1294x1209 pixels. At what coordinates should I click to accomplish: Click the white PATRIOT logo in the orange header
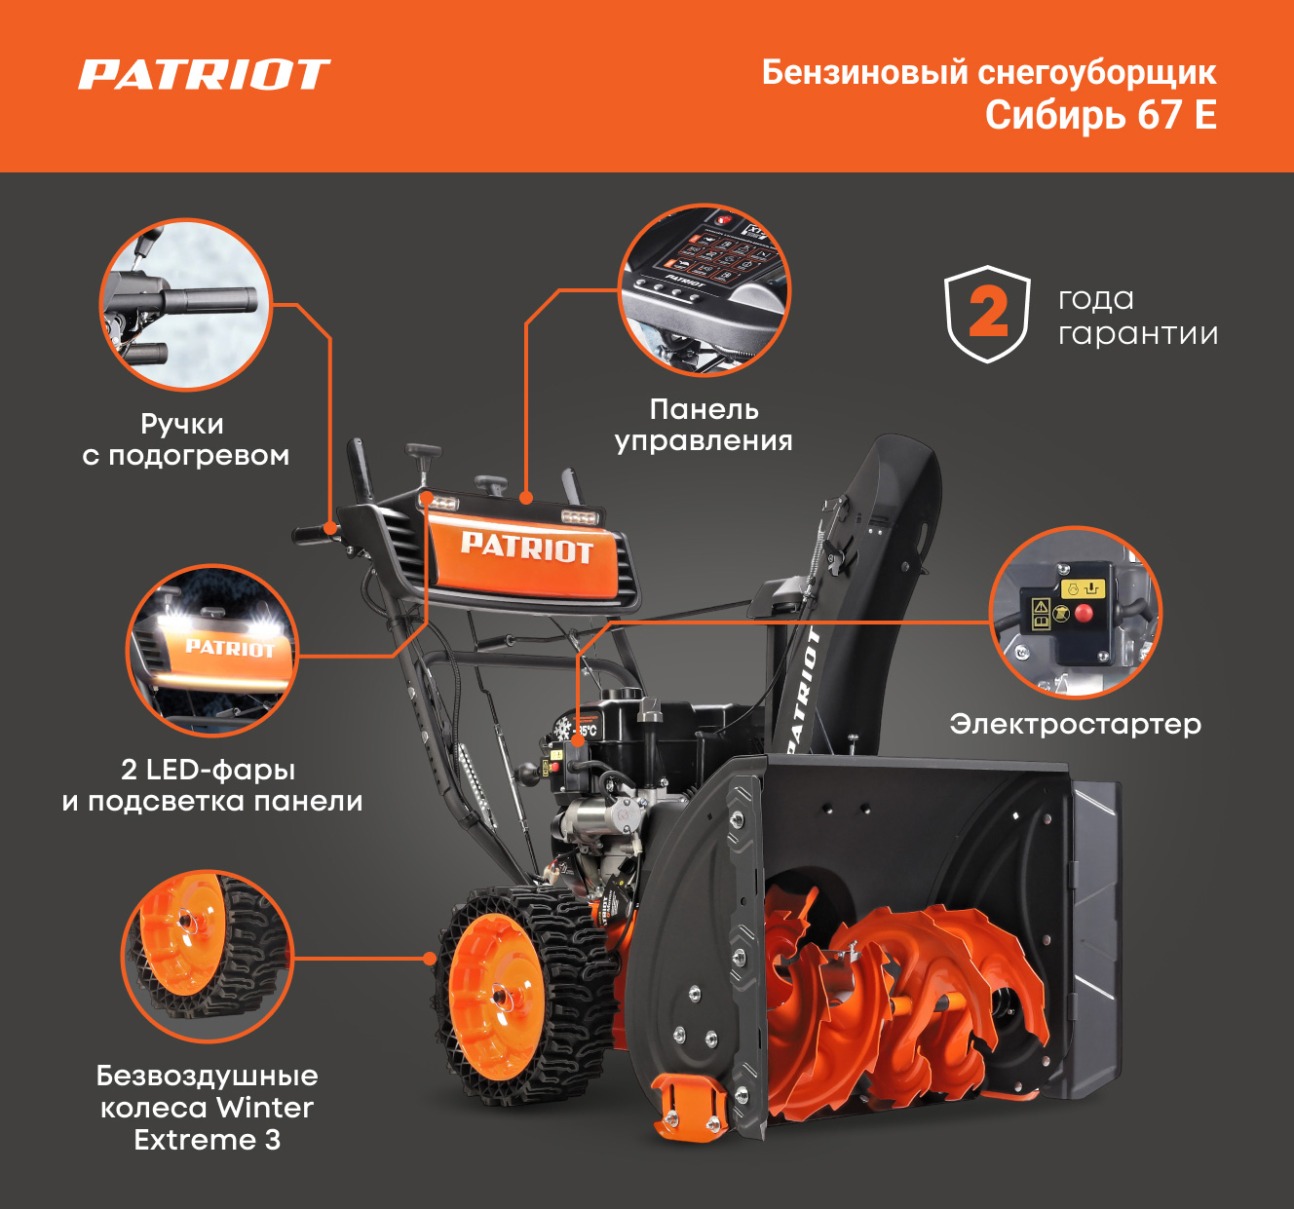pos(204,74)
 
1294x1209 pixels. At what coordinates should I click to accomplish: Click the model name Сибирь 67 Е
pos(1100,115)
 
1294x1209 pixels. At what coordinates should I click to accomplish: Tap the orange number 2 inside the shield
pos(988,313)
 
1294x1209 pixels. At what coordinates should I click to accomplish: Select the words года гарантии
pos(1138,316)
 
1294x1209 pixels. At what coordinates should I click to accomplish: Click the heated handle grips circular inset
pos(186,304)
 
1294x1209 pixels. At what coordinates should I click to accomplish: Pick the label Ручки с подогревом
pos(186,440)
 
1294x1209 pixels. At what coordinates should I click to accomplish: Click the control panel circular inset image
pos(704,290)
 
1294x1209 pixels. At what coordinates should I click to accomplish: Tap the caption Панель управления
pos(704,425)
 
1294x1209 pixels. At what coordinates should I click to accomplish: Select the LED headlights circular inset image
pos(212,650)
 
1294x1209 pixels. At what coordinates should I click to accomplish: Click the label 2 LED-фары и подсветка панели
pos(211,785)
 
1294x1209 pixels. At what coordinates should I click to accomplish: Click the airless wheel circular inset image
pos(208,956)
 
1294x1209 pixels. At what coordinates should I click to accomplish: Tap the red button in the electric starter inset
pos(1084,614)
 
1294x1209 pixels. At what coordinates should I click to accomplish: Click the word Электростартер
pos(1075,724)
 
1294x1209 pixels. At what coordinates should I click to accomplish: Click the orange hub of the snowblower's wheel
pos(499,996)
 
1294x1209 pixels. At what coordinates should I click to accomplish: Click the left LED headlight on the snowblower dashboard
pos(441,504)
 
